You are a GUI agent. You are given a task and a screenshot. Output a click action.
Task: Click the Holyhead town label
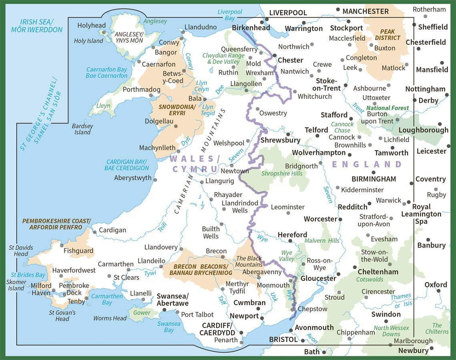[x=91, y=26]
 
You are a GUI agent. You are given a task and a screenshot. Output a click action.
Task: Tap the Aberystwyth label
[x=133, y=178]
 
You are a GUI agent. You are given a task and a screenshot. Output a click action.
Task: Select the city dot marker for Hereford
[x=290, y=241]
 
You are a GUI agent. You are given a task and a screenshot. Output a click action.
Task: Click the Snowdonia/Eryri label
[x=177, y=111]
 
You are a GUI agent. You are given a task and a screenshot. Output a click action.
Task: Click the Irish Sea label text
[x=37, y=26]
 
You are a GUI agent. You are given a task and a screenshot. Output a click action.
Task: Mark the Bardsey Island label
[x=82, y=129]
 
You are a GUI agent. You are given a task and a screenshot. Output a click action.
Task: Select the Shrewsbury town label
[x=280, y=140]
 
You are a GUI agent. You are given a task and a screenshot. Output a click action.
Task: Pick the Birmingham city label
[x=375, y=179]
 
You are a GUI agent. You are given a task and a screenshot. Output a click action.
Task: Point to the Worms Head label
[x=110, y=318]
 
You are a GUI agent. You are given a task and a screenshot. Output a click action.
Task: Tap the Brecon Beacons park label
[x=198, y=270]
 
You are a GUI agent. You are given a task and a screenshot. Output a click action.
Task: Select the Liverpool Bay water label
[x=230, y=15]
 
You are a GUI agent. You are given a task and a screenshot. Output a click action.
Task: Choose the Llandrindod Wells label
[x=240, y=206]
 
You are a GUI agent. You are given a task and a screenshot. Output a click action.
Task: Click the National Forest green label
[x=388, y=108]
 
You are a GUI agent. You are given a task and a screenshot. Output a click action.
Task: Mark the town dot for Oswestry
[x=257, y=109]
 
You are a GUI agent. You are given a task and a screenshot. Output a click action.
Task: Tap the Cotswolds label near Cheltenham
[x=370, y=279]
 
